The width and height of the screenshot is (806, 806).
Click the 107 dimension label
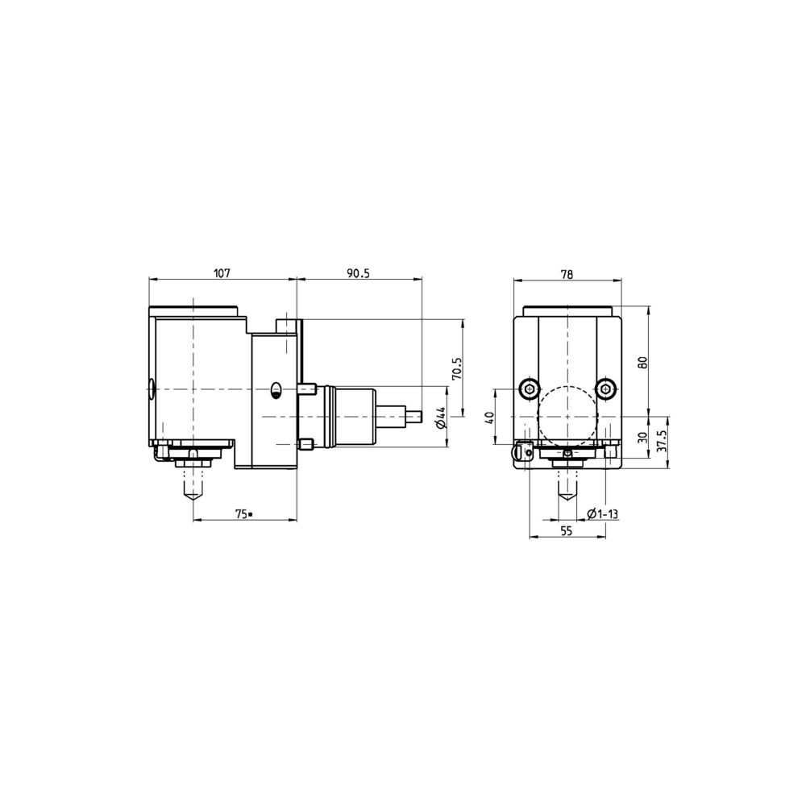pyautogui.click(x=222, y=272)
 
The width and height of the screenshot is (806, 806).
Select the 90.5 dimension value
pyautogui.click(x=359, y=272)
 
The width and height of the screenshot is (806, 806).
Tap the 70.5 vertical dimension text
pyautogui.click(x=457, y=368)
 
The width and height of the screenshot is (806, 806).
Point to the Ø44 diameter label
pyautogui.click(x=440, y=417)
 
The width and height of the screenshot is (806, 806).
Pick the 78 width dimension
pyautogui.click(x=567, y=274)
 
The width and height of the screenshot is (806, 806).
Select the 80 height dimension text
pyautogui.click(x=642, y=362)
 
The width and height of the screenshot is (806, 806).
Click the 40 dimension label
pyautogui.click(x=489, y=417)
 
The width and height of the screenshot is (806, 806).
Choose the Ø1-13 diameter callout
pyautogui.click(x=602, y=513)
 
